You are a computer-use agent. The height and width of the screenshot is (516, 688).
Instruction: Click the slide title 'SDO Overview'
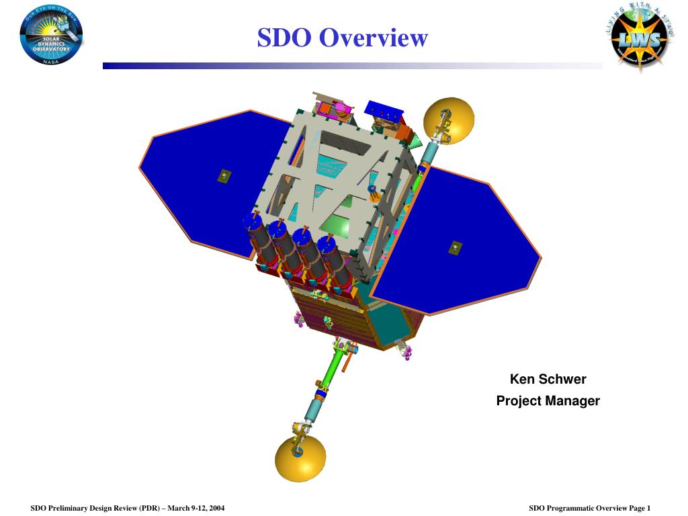click(x=342, y=38)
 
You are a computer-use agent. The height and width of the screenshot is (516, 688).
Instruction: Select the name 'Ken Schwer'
click(x=548, y=379)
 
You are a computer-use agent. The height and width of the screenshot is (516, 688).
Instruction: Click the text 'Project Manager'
click(x=548, y=401)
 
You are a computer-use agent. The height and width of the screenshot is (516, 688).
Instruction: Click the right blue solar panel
click(x=457, y=242)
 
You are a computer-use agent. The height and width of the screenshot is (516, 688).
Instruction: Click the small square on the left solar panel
click(x=224, y=176)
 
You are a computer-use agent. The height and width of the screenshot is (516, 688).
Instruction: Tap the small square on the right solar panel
click(x=456, y=247)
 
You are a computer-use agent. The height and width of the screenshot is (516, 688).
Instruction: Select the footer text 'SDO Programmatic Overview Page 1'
click(x=589, y=508)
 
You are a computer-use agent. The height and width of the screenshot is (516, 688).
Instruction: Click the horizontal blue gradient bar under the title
click(x=352, y=66)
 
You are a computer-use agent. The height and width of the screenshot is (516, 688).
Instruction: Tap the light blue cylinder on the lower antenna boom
click(x=313, y=409)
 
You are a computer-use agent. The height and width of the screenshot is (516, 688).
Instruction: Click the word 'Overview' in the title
click(x=373, y=38)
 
